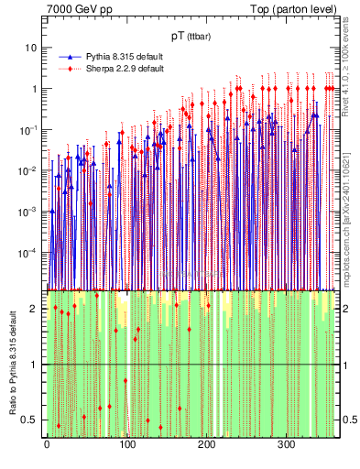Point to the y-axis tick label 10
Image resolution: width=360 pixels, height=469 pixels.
coord(32,48)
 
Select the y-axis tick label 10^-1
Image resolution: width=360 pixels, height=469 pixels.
coord(29,129)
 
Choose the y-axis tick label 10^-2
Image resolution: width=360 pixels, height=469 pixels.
coord(29,170)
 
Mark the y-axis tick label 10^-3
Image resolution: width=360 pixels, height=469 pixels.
coord(29,211)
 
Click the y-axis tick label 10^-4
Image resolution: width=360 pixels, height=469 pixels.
coord(29,252)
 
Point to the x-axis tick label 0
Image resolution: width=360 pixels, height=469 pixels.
coord(47,444)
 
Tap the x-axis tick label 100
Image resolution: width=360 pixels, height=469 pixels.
coord(126,444)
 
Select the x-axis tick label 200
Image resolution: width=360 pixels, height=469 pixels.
coord(206,444)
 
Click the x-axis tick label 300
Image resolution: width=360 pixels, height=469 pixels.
coord(286,444)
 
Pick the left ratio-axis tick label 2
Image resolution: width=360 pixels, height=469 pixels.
coord(35,309)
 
